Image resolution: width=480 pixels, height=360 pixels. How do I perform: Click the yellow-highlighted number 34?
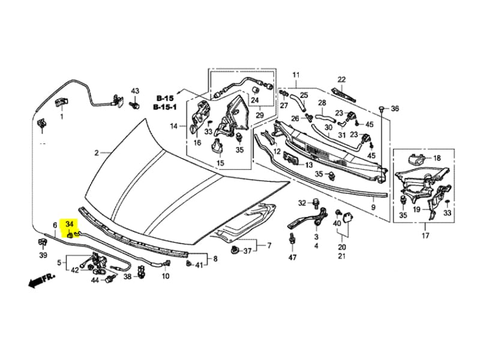coord(70,224)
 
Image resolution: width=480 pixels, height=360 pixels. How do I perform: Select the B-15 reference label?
coord(165,98)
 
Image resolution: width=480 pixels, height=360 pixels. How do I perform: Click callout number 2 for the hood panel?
coord(96,153)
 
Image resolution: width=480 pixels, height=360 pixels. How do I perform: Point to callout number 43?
coord(135,91)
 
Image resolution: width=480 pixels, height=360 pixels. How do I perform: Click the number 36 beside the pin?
coord(394,109)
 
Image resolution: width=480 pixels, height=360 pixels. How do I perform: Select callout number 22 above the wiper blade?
coord(342,80)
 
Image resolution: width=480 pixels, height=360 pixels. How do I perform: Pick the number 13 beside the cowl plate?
coord(308,164)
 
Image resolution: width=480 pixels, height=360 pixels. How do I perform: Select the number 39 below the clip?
coord(43,256)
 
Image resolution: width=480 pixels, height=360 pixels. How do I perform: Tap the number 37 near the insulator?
coord(247,251)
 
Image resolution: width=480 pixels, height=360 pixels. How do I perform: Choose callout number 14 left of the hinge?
coord(174,126)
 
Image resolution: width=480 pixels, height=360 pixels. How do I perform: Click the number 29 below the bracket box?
coord(259,115)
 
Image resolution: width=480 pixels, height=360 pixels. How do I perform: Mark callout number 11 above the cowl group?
coord(296,75)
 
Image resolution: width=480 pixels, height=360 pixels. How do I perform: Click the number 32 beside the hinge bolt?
coord(302,202)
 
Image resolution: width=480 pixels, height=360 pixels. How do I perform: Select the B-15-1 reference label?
coord(165,107)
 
